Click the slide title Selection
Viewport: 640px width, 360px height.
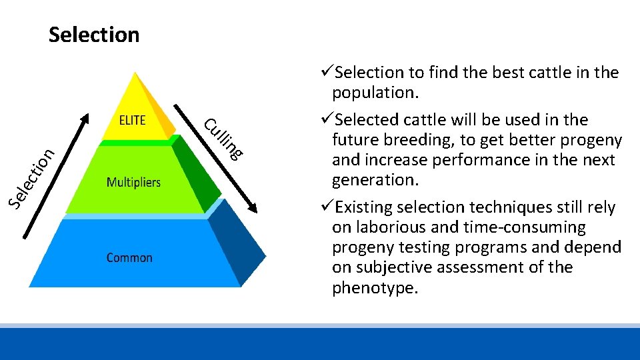(x=94, y=35)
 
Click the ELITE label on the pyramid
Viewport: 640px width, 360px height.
(x=132, y=120)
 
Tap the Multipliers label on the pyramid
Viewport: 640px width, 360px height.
(x=134, y=182)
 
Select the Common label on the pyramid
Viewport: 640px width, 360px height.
(x=129, y=257)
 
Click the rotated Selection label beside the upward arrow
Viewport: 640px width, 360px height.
(x=31, y=176)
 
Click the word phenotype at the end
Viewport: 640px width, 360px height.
(x=373, y=288)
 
